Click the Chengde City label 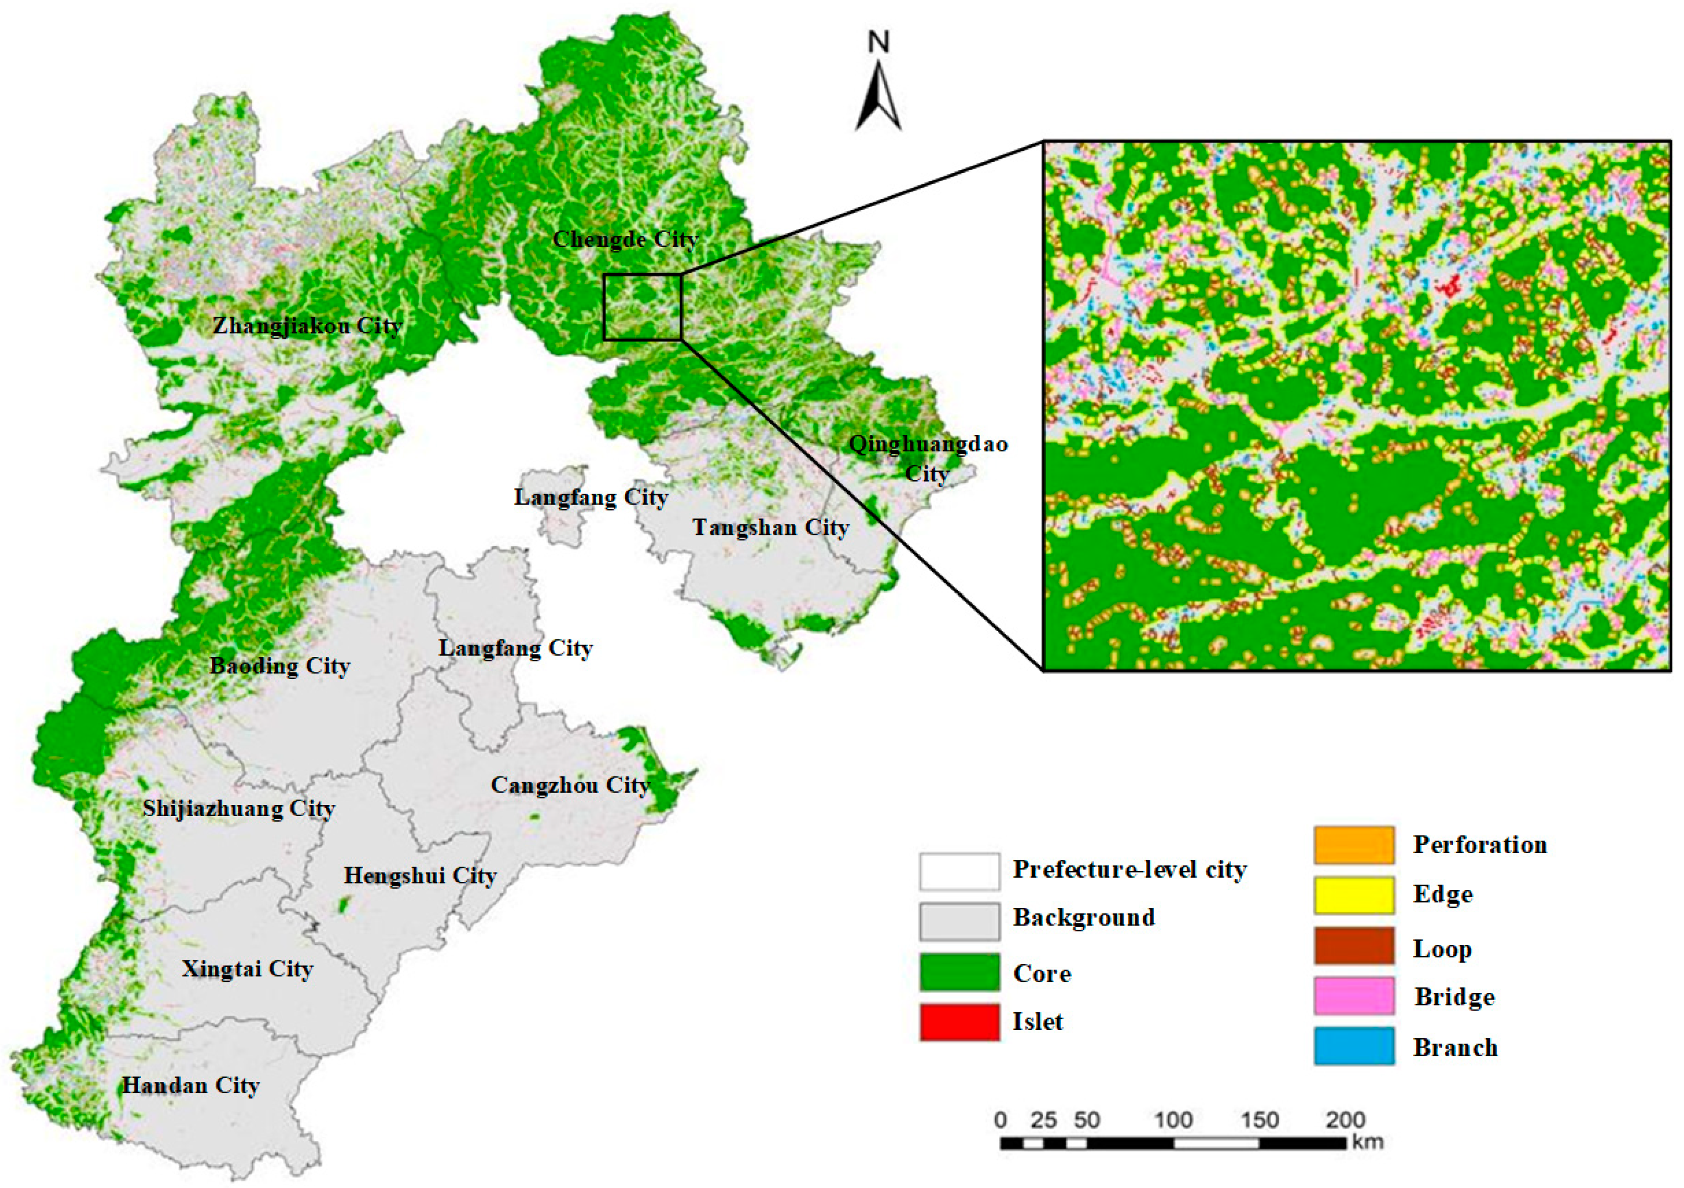tap(624, 240)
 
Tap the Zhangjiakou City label tap(307, 325)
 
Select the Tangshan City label tap(770, 527)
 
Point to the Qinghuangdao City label tap(928, 458)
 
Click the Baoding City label tap(280, 666)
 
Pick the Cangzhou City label tap(570, 785)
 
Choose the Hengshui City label tap(420, 876)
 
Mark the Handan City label tap(191, 1085)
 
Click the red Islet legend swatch tap(959, 1022)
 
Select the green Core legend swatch tap(959, 973)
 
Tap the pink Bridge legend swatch tap(1353, 996)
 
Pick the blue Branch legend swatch tap(1353, 1047)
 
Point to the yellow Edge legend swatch tap(1353, 895)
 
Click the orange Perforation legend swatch tap(1353, 845)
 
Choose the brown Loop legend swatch tap(1353, 946)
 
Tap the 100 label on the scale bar tap(1173, 1121)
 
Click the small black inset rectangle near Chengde tap(643, 307)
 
